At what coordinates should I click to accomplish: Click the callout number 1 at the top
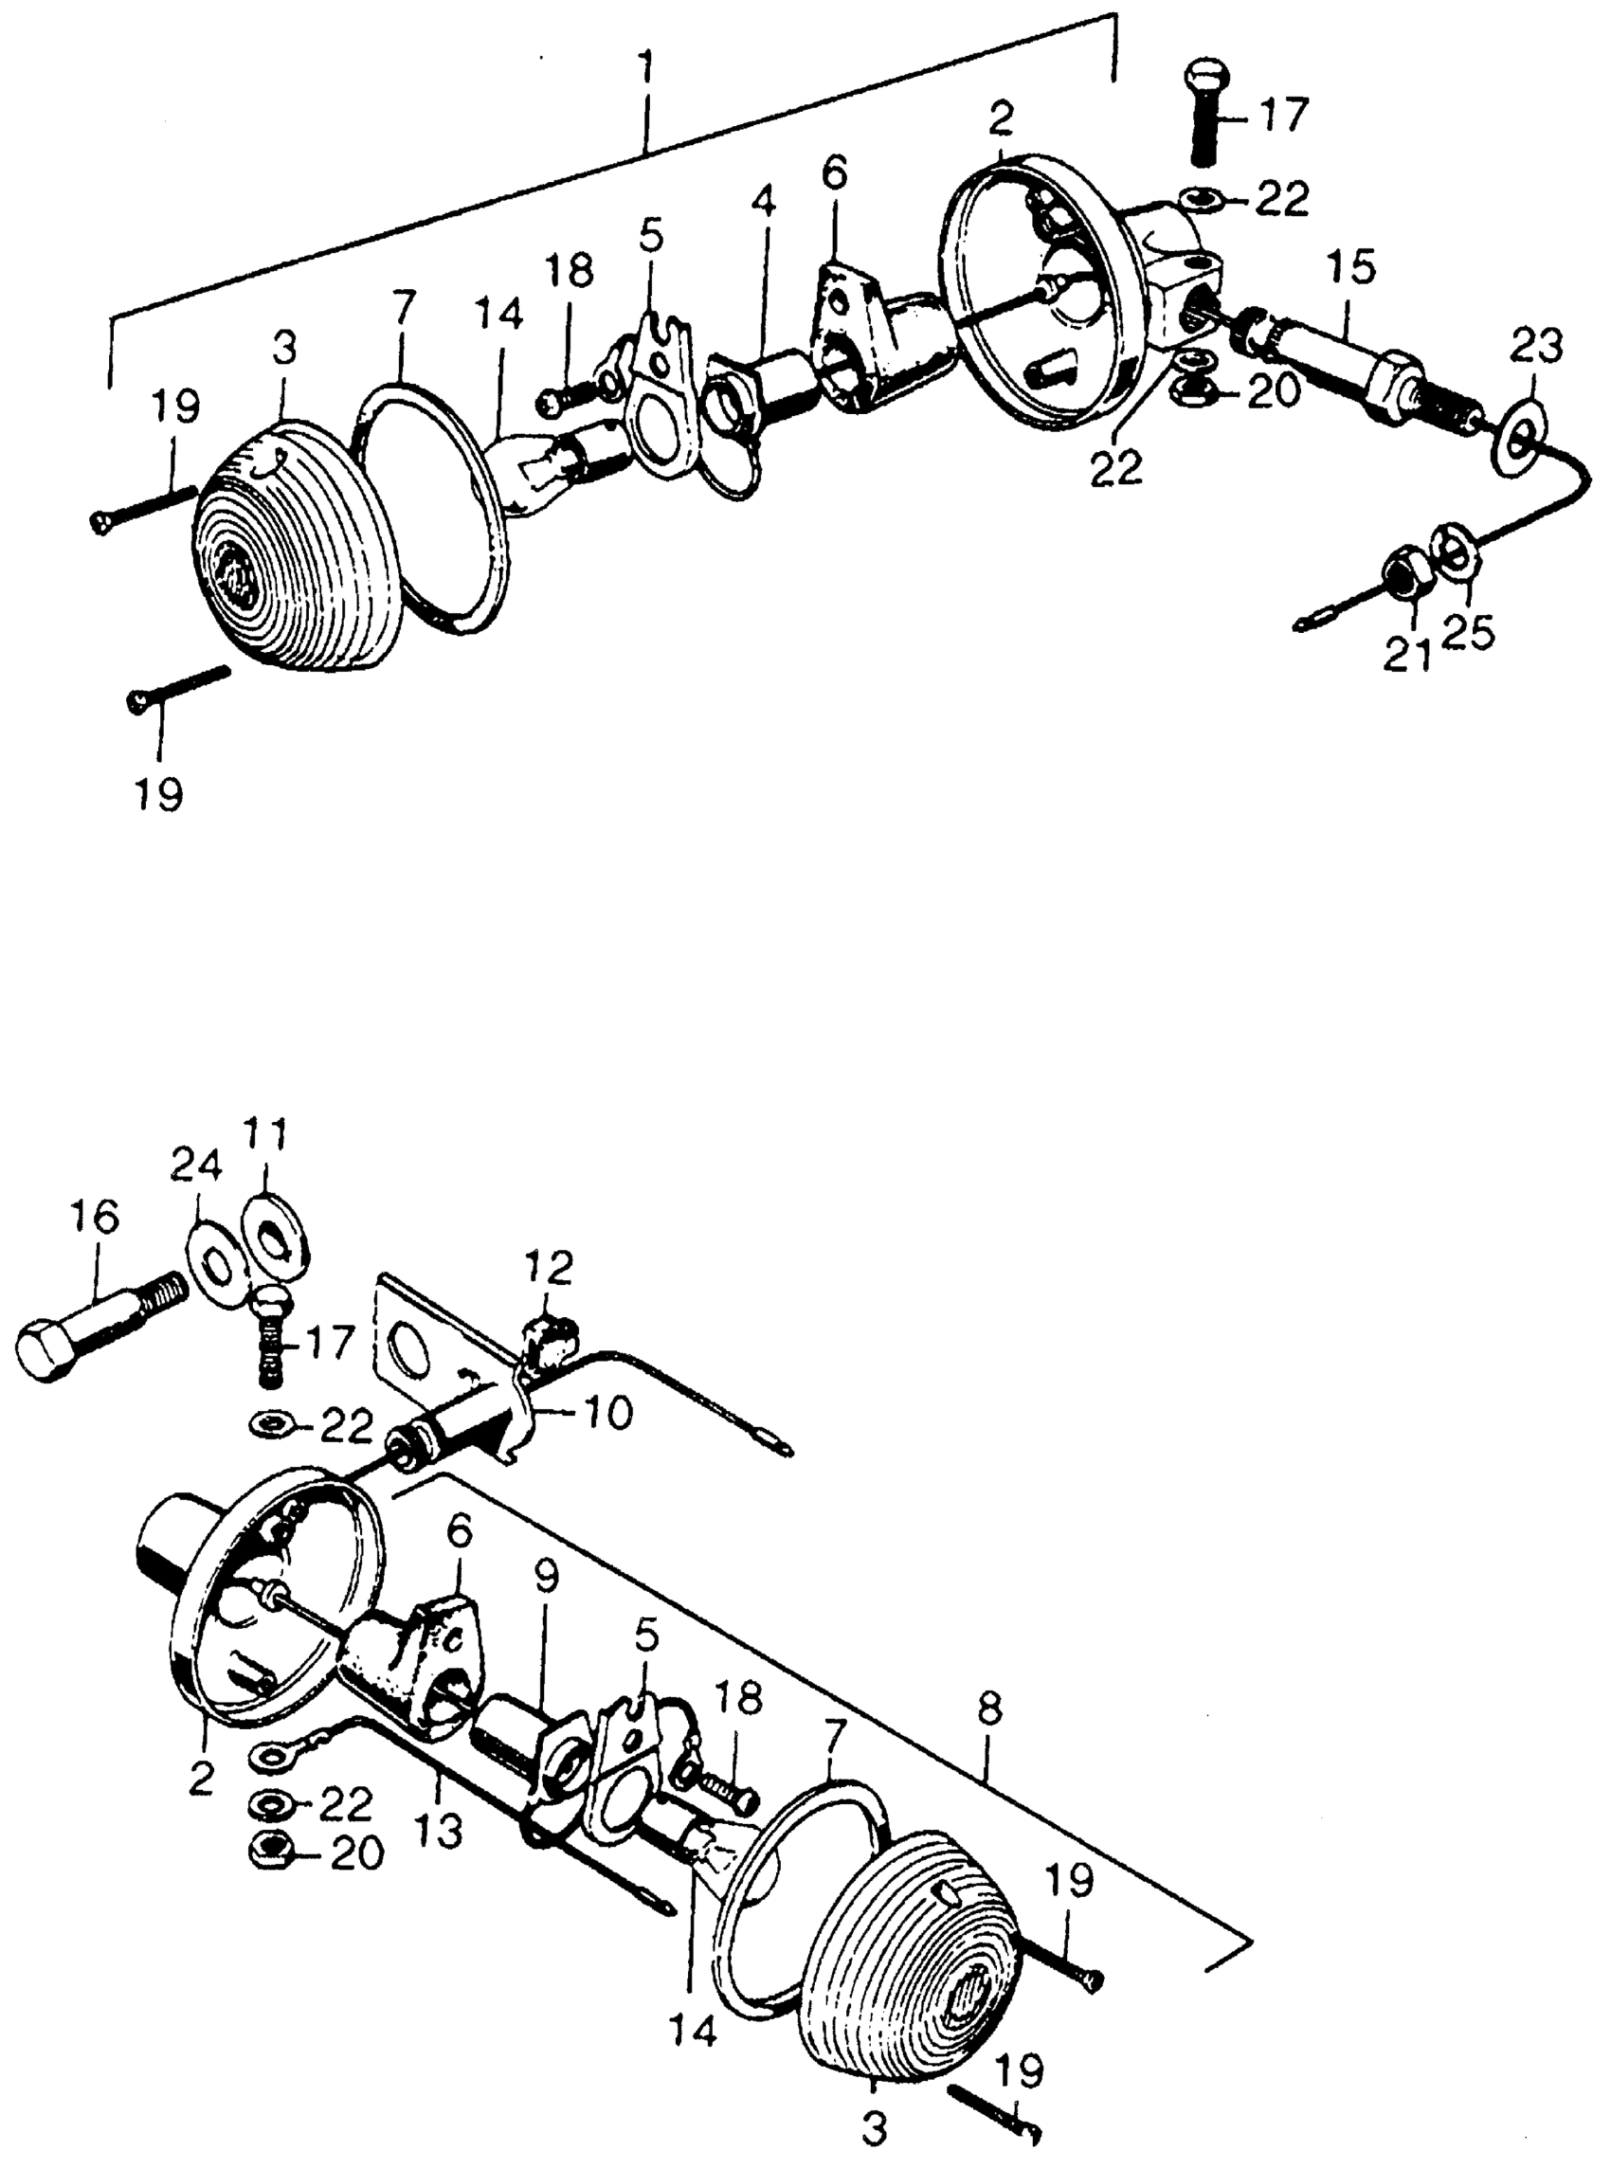tap(645, 76)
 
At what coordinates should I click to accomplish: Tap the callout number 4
tap(765, 204)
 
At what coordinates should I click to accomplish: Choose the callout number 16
tap(96, 1218)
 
